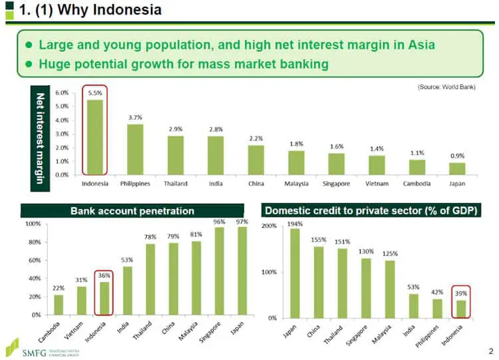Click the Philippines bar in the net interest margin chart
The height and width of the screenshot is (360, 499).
(x=135, y=149)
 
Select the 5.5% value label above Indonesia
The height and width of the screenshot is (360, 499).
(x=95, y=94)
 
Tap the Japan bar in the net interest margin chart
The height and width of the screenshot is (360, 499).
(x=458, y=168)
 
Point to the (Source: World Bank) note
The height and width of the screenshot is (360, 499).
(x=446, y=87)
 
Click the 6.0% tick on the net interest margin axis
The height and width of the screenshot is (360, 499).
(x=61, y=92)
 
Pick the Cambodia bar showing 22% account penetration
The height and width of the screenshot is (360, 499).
(x=59, y=304)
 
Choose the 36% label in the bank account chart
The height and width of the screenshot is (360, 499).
(x=104, y=275)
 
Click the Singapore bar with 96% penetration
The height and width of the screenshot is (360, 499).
(x=219, y=271)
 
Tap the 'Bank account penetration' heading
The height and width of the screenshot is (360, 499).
(x=132, y=211)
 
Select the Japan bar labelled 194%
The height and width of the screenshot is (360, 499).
(x=294, y=273)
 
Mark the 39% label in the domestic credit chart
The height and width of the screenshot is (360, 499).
(x=461, y=293)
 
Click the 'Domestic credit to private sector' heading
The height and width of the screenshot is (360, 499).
(x=371, y=211)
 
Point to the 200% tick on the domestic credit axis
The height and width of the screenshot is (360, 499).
(x=269, y=226)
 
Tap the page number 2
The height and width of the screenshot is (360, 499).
(x=490, y=350)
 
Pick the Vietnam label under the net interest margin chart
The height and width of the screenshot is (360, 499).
(x=377, y=184)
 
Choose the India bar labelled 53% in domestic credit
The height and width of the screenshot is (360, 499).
(x=413, y=305)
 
